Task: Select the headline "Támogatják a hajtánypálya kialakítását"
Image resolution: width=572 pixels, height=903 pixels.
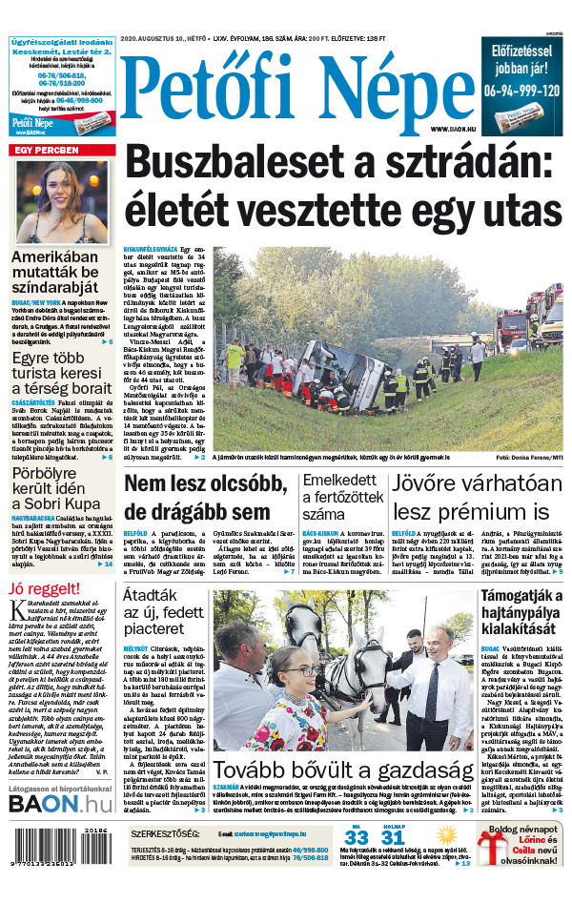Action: click(x=521, y=612)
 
